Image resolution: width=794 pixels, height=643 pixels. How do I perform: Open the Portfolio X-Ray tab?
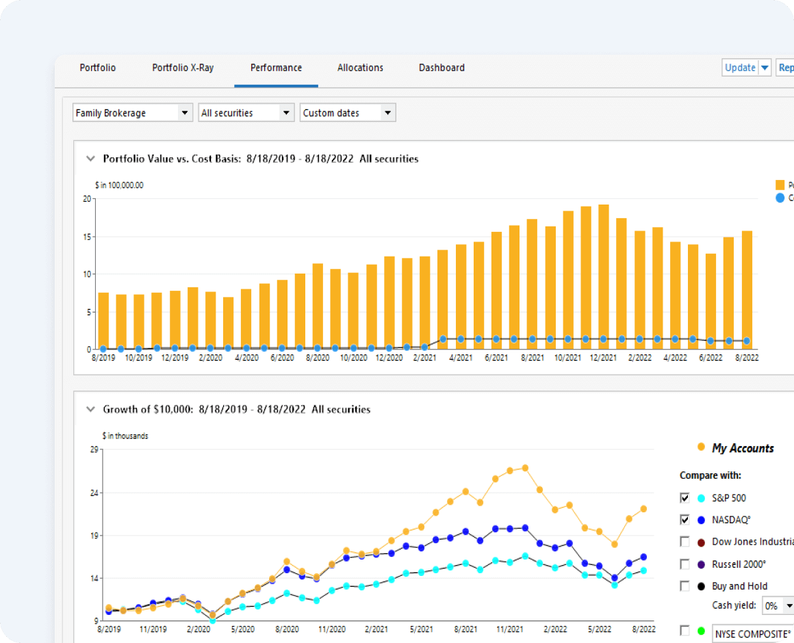coord(183,68)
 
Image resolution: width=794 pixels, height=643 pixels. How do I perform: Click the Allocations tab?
coord(360,68)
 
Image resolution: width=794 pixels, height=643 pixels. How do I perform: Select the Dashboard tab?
coord(441,68)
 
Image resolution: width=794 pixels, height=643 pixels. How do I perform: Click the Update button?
coord(740,68)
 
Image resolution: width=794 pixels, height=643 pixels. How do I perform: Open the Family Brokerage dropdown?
coord(133,113)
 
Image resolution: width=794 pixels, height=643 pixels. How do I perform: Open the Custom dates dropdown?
coord(348,113)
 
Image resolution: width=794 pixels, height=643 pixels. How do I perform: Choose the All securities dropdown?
coord(246,113)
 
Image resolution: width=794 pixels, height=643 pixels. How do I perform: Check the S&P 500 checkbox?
coord(684,498)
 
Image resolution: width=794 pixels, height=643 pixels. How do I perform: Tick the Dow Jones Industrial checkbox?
coord(684,542)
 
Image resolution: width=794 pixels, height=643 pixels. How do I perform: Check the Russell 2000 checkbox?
coord(684,564)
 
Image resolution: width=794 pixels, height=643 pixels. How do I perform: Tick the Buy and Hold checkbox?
coord(684,586)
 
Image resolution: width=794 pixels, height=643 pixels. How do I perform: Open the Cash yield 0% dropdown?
coord(778,605)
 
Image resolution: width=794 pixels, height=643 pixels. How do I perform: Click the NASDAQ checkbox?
coord(684,520)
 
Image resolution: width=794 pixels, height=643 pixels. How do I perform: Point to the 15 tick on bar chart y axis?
coord(87,237)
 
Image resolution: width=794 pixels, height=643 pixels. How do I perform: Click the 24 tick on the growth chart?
coord(94,493)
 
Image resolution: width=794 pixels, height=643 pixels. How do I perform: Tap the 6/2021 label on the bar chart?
coord(496,358)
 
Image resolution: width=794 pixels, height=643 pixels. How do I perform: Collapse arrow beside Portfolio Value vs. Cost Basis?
coord(90,159)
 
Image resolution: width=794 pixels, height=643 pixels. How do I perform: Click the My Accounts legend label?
coord(743,448)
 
